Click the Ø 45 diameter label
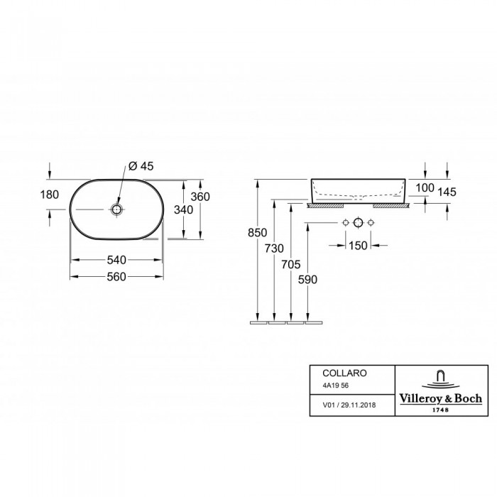pyautogui.click(x=141, y=165)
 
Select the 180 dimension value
pyautogui.click(x=50, y=195)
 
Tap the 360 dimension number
pyautogui.click(x=200, y=197)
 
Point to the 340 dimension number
pyautogui.click(x=183, y=210)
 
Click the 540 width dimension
pyautogui.click(x=116, y=260)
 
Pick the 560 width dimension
pyautogui.click(x=116, y=277)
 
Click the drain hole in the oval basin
pyautogui.click(x=116, y=209)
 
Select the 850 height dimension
pyautogui.click(x=257, y=233)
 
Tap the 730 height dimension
pyautogui.click(x=274, y=248)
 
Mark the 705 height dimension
pyautogui.click(x=291, y=264)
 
